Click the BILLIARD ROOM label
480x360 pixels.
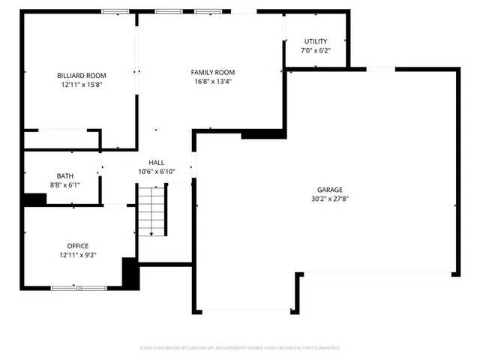82,75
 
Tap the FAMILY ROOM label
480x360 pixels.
214,72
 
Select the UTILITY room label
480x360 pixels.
315,40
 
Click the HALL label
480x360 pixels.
156,162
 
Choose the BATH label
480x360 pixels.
65,175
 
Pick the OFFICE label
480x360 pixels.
78,246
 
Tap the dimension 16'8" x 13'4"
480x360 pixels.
214,82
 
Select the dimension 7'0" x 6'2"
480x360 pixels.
315,50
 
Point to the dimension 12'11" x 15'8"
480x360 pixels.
82,85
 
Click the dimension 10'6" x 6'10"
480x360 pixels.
156,172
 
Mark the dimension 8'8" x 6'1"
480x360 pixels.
65,185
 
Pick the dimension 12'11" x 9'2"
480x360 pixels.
78,256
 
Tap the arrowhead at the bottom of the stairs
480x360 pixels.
151,235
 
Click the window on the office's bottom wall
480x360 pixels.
79,287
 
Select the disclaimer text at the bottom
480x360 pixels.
240,348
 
